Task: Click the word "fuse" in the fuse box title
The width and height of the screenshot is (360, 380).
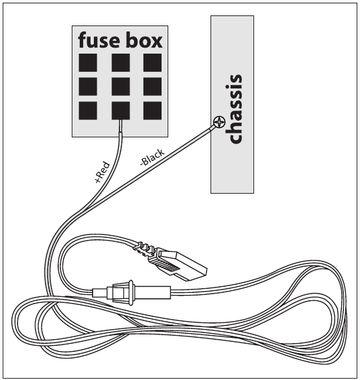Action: [x=99, y=40]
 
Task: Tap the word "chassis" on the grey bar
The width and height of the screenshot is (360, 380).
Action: [x=233, y=109]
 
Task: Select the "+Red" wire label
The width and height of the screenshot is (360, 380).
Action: [x=103, y=172]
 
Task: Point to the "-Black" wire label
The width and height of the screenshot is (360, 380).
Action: [x=152, y=157]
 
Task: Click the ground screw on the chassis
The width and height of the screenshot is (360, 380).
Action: [x=219, y=122]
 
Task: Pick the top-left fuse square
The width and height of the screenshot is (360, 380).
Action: [x=88, y=62]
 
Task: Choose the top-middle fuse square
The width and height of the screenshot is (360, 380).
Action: [x=121, y=62]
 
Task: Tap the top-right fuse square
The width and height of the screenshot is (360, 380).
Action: [x=152, y=62]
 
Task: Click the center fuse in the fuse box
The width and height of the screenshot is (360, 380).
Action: [x=121, y=86]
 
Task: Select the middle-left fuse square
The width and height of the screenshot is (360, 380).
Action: [x=88, y=86]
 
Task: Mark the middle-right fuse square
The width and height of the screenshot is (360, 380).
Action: [x=152, y=86]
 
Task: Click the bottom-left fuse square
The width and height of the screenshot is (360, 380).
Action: [x=88, y=111]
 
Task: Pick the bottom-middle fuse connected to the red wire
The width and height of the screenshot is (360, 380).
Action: [x=121, y=111]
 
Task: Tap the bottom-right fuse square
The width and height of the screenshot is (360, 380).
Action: [x=152, y=111]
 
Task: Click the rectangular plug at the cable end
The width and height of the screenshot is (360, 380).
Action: [x=180, y=264]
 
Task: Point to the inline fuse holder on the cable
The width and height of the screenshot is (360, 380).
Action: [x=131, y=292]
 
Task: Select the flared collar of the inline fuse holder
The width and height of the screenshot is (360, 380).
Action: [x=131, y=292]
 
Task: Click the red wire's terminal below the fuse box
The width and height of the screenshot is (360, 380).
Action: [x=121, y=126]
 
